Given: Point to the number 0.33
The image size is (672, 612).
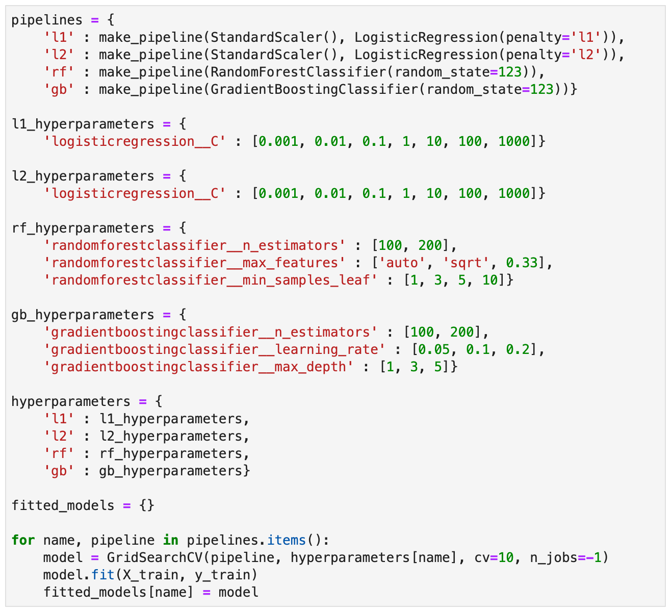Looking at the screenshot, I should click(x=522, y=263).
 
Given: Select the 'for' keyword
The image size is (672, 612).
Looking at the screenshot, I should click(x=23, y=540).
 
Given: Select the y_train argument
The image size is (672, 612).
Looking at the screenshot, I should click(x=226, y=575).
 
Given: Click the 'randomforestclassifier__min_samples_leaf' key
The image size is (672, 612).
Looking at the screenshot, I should click(x=211, y=280).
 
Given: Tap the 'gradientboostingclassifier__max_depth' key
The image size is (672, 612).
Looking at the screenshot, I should click(x=198, y=367).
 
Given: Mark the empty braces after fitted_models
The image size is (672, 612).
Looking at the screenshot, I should click(x=146, y=505).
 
